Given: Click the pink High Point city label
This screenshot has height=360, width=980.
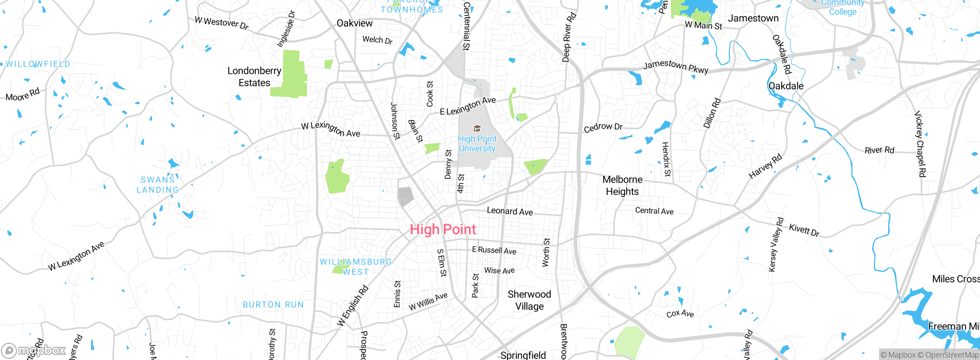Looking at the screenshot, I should (443, 229).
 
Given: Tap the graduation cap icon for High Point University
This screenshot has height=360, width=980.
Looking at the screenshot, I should (477, 128).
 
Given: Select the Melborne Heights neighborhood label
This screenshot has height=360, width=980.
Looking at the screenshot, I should (622, 185).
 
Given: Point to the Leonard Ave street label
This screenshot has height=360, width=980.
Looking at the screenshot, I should (510, 211).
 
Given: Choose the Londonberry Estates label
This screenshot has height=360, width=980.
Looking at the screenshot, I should (254, 77).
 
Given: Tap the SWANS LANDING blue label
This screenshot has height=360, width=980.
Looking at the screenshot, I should (157, 185).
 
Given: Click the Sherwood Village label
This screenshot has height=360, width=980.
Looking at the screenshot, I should (529, 300).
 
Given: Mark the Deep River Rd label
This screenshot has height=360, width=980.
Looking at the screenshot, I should (569, 37).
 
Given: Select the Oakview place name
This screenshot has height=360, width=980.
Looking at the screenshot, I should (354, 23).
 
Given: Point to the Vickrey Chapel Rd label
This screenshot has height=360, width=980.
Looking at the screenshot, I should (920, 144).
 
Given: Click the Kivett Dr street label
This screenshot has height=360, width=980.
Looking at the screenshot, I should (804, 230).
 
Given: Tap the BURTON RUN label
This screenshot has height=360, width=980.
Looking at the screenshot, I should (273, 305).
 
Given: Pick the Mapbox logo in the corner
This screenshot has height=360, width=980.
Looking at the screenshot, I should (34, 350).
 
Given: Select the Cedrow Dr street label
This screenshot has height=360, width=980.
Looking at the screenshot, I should (603, 127).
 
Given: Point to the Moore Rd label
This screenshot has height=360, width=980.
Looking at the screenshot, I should (23, 95).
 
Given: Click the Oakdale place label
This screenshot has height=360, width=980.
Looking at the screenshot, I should (786, 86).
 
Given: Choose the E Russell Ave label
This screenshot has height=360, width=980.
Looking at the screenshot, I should (494, 250).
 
